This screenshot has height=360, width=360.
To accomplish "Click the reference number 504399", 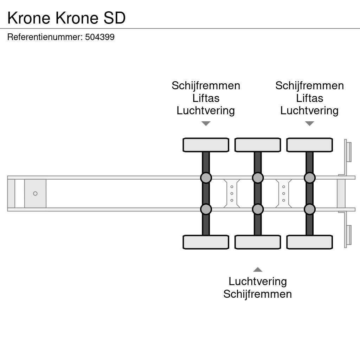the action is (99, 37).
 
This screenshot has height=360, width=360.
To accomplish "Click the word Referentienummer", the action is (45, 37).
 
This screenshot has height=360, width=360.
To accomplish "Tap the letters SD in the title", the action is (115, 18).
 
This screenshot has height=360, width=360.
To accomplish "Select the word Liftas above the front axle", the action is (206, 98).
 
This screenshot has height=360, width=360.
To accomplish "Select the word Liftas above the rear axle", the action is (309, 98).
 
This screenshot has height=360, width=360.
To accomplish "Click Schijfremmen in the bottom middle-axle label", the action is (258, 294).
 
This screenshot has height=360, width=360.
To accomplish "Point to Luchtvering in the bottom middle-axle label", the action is (258, 282).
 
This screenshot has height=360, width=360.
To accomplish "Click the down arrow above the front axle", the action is (206, 123).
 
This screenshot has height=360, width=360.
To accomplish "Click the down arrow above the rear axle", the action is (309, 123).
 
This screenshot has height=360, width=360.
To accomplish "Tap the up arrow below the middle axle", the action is (258, 269).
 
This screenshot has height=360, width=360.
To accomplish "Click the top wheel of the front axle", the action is (206, 145).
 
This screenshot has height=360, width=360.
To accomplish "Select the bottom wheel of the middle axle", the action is (258, 242).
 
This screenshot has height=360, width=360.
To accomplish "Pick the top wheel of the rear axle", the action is (309, 145).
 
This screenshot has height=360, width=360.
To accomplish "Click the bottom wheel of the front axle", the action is (206, 242).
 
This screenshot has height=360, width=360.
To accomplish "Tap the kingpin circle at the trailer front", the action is (35, 194).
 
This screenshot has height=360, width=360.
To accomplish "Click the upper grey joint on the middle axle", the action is (258, 178).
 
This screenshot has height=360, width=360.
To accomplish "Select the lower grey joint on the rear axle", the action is (309, 209).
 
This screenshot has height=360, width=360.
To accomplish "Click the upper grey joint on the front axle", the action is (206, 178).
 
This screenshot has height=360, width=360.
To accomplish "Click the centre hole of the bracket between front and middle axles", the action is (232, 194).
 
